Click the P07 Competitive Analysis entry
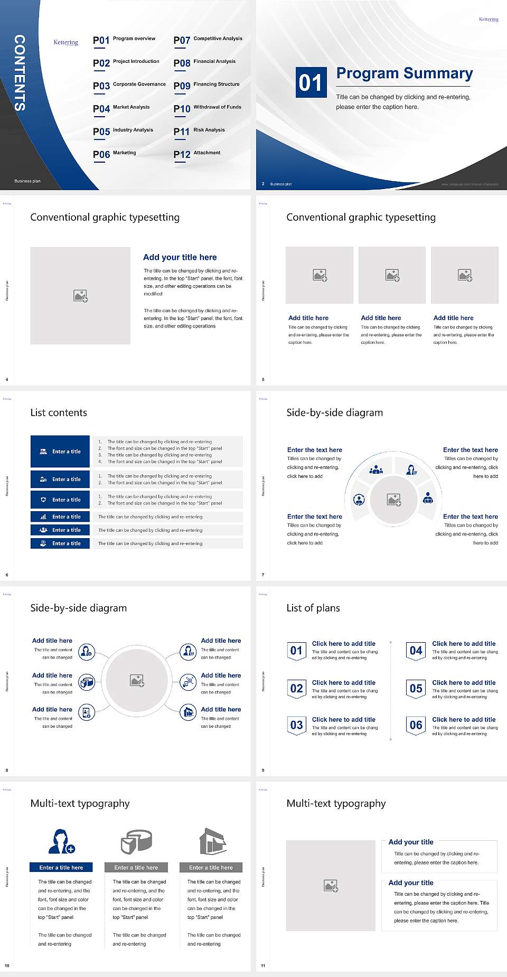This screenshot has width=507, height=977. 208,40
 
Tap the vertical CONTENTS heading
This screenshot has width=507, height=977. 20,73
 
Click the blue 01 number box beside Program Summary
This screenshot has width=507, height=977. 311,82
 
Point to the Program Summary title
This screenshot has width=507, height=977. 404,73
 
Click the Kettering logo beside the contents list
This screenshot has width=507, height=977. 65,42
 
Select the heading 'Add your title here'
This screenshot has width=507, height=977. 180,257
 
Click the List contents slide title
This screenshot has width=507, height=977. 59,412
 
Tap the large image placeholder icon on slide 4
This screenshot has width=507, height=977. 80,296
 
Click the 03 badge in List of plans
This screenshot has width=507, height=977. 297,725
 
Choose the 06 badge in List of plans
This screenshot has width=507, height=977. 416,725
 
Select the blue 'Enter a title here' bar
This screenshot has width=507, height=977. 61,867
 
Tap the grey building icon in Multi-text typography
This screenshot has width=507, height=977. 213,841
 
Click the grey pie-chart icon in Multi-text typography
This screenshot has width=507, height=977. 136,841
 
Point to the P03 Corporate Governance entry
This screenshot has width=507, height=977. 129,85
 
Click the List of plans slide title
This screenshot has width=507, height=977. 313,608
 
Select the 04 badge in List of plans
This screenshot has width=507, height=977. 416,651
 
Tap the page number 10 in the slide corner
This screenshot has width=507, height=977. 7,965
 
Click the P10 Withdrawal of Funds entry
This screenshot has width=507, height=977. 208,108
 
